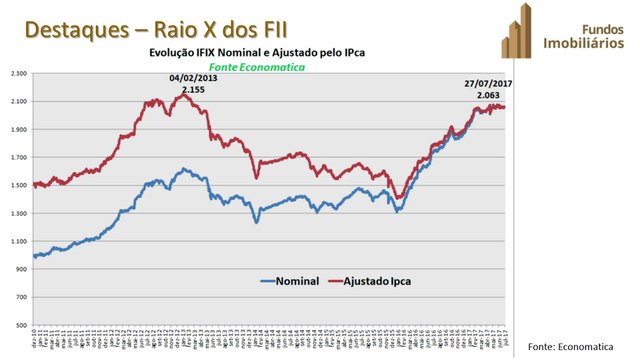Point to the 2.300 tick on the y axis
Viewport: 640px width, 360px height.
[x=18, y=73]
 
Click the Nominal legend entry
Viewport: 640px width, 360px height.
[x=290, y=281]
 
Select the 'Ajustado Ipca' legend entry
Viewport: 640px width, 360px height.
[x=376, y=281]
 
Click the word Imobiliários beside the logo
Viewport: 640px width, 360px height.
[x=585, y=44]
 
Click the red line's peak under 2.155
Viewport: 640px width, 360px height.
[x=184, y=96]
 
